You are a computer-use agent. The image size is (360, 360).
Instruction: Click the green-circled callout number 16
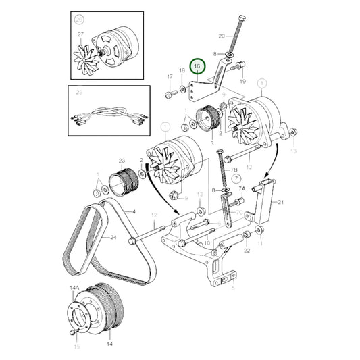197,67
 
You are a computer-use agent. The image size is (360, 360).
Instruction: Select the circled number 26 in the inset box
80,20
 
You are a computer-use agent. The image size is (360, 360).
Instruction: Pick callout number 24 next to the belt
113,237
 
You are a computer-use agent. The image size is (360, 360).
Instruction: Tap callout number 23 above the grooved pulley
122,161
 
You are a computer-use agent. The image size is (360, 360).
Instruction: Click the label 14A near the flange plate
74,288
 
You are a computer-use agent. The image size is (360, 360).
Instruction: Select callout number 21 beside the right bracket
281,201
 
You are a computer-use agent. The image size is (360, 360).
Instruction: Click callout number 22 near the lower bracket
247,251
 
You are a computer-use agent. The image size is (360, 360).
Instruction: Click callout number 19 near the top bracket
242,80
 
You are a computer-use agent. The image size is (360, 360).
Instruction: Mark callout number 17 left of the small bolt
170,78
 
